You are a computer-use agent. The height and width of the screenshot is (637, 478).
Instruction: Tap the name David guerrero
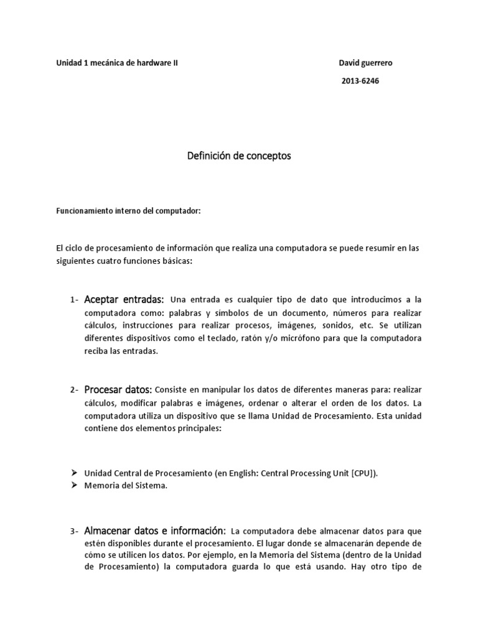point(365,63)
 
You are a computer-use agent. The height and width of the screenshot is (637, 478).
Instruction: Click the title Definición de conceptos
point(239,156)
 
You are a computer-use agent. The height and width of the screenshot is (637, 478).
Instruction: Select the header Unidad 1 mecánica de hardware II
point(117,63)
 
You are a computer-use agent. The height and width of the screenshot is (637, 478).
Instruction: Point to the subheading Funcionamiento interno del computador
point(129,211)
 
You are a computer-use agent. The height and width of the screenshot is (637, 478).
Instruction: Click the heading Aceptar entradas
point(123,300)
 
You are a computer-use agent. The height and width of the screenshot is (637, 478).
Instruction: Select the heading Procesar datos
point(118,389)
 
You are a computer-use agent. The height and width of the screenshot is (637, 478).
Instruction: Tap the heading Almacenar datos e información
point(154,531)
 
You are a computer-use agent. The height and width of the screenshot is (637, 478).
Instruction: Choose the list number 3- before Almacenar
point(74,531)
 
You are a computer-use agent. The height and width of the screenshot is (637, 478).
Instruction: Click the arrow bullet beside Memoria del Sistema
point(73,485)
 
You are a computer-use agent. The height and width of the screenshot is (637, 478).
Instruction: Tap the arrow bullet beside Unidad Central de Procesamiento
point(73,473)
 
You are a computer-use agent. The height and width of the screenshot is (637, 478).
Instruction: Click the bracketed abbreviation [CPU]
point(363,473)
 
